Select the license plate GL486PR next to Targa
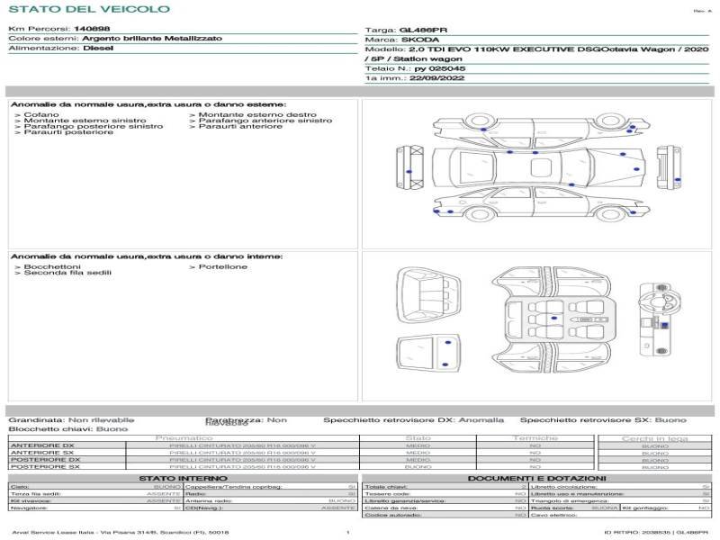tap(418, 30)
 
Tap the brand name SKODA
tap(419, 40)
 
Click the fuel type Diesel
tap(98, 49)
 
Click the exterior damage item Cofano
tap(42, 114)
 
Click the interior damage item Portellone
tap(222, 266)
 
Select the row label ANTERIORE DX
tap(42, 445)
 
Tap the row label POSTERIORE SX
tap(43, 467)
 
